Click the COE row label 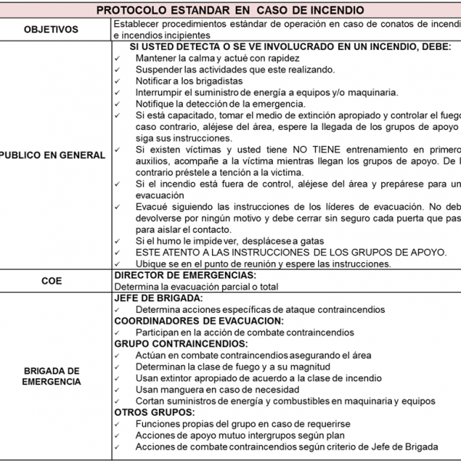pyautogui.click(x=51, y=281)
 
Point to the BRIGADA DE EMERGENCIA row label pyautogui.click(x=51, y=374)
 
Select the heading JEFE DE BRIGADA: pyautogui.click(x=158, y=298)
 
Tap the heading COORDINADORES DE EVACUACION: pyautogui.click(x=198, y=321)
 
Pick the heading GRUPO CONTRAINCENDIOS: pyautogui.click(x=181, y=343)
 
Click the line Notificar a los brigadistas pyautogui.click(x=188, y=81)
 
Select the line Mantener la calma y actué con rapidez pyautogui.click(x=217, y=58)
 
